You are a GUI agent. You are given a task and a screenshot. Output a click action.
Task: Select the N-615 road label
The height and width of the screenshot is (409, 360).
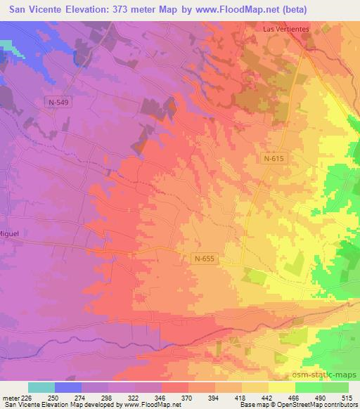[275, 159]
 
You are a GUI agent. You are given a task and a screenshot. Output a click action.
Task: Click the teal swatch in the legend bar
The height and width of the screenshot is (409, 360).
[41, 387]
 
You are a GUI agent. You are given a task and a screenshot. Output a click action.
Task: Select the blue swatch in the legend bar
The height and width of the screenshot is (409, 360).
[68, 387]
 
